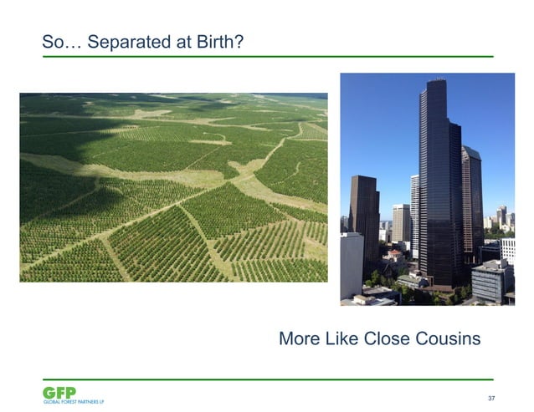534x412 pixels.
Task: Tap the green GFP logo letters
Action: pos(59,392)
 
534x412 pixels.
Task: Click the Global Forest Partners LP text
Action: pos(74,402)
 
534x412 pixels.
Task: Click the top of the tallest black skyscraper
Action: pos(435,84)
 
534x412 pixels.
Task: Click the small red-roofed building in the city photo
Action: pos(394,254)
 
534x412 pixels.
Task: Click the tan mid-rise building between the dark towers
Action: pos(401,224)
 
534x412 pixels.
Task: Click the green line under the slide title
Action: pos(268,57)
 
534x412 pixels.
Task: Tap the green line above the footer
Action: pos(268,379)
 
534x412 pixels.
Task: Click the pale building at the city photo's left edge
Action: pos(351,263)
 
